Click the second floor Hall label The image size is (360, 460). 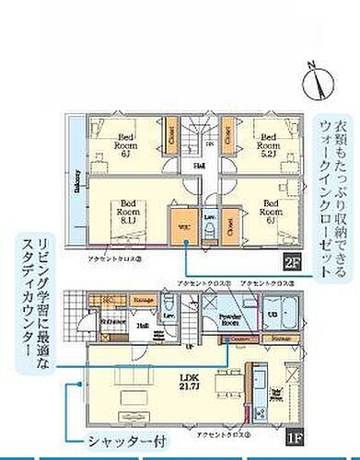coord(198,166)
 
